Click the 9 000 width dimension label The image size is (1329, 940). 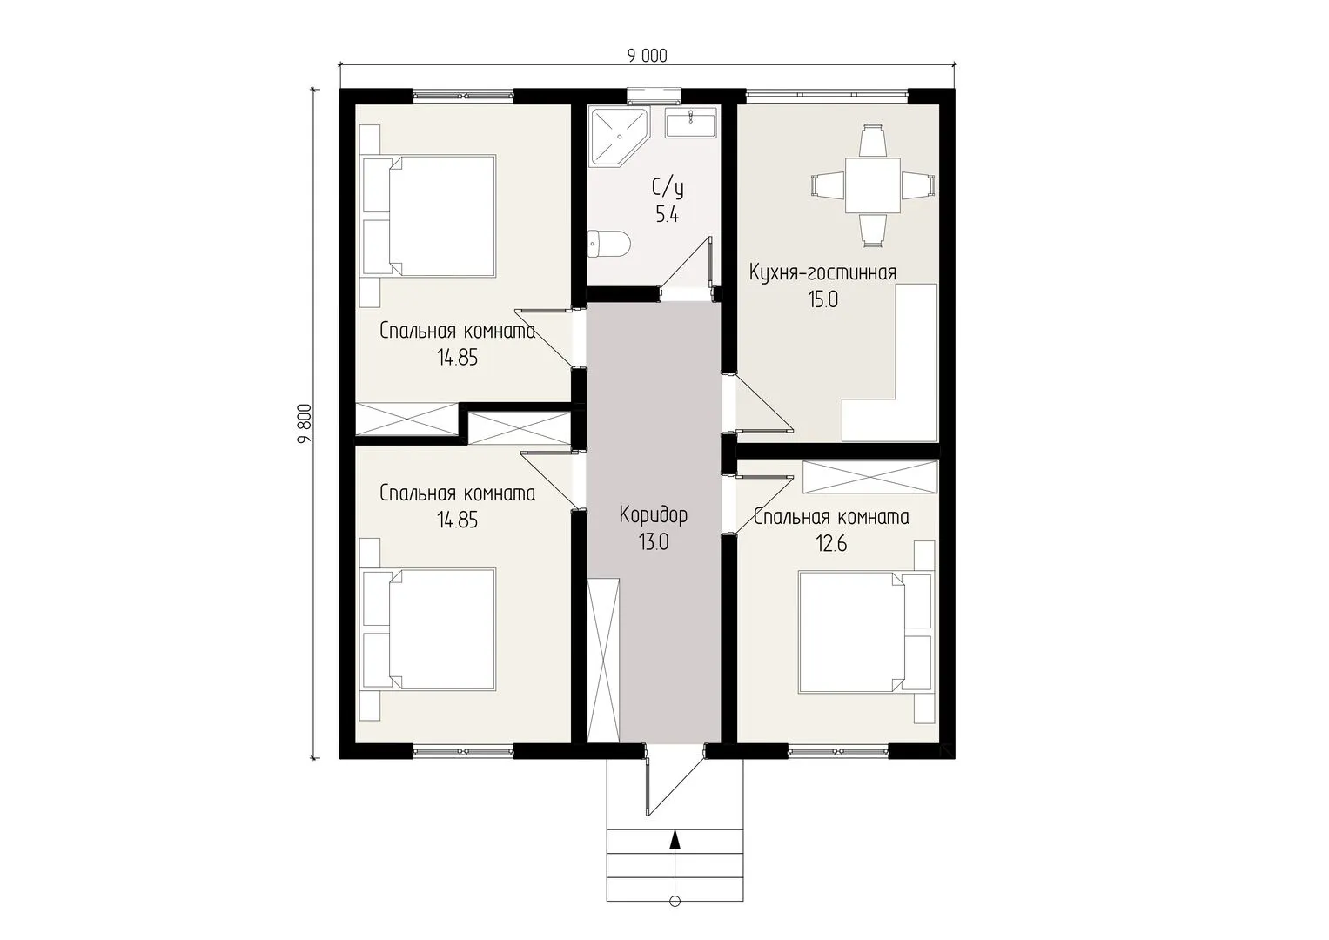648,56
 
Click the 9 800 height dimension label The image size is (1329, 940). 305,424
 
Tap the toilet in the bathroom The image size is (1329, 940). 608,244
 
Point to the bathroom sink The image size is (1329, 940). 690,123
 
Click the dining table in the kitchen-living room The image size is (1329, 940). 873,185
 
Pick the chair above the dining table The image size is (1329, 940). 873,140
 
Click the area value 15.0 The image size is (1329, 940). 823,299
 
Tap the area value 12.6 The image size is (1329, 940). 831,543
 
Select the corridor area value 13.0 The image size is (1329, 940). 654,541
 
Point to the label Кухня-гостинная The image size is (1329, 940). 822,273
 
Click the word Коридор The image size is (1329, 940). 654,514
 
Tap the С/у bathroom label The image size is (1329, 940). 668,188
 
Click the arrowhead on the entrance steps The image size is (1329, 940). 675,840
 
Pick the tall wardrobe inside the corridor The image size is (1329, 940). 603,660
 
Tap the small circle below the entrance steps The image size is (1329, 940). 675,917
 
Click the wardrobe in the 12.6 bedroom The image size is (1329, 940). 869,477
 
